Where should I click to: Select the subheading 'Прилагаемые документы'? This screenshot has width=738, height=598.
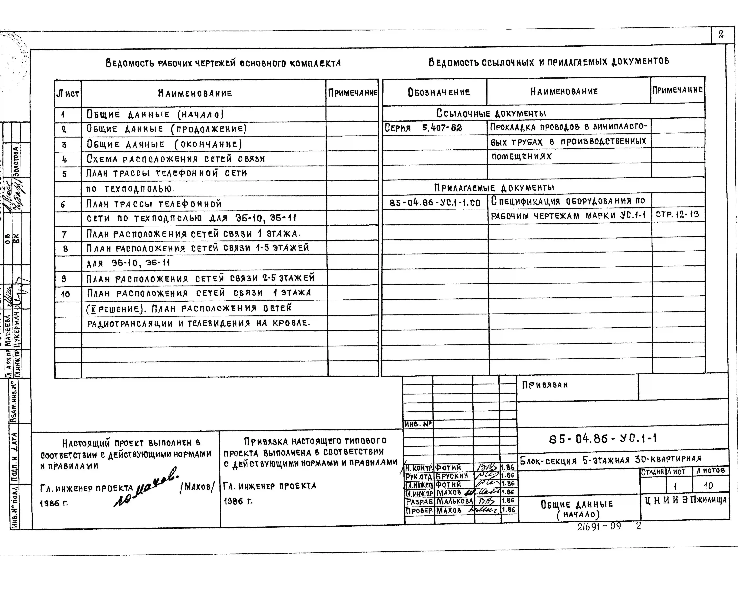pos(494,188)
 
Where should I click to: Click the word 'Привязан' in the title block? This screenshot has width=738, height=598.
pos(545,385)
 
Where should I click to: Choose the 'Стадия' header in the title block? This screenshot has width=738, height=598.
pos(652,472)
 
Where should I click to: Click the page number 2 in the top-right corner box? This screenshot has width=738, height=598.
pos(721,34)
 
